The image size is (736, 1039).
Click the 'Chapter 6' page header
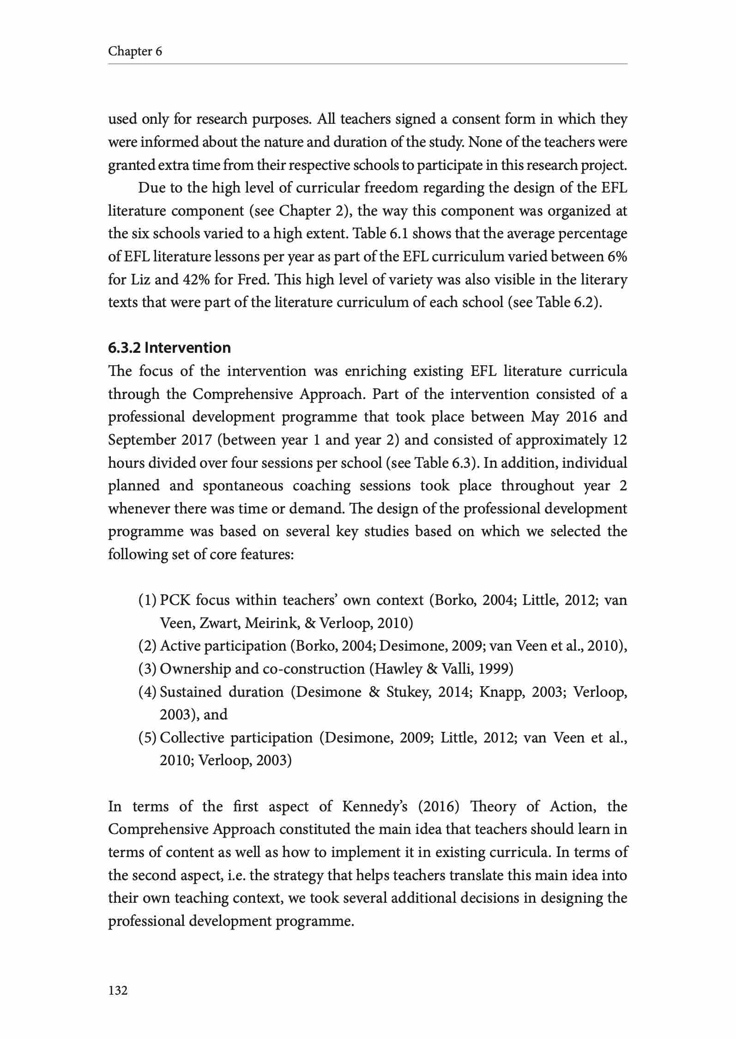coord(135,51)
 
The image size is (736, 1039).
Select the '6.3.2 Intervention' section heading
coord(169,347)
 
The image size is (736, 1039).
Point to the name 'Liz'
coord(140,279)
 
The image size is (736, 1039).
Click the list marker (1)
coord(147,600)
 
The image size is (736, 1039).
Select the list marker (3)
coord(147,669)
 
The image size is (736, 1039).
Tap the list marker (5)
coord(147,737)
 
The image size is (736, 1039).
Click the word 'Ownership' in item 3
coord(193,669)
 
